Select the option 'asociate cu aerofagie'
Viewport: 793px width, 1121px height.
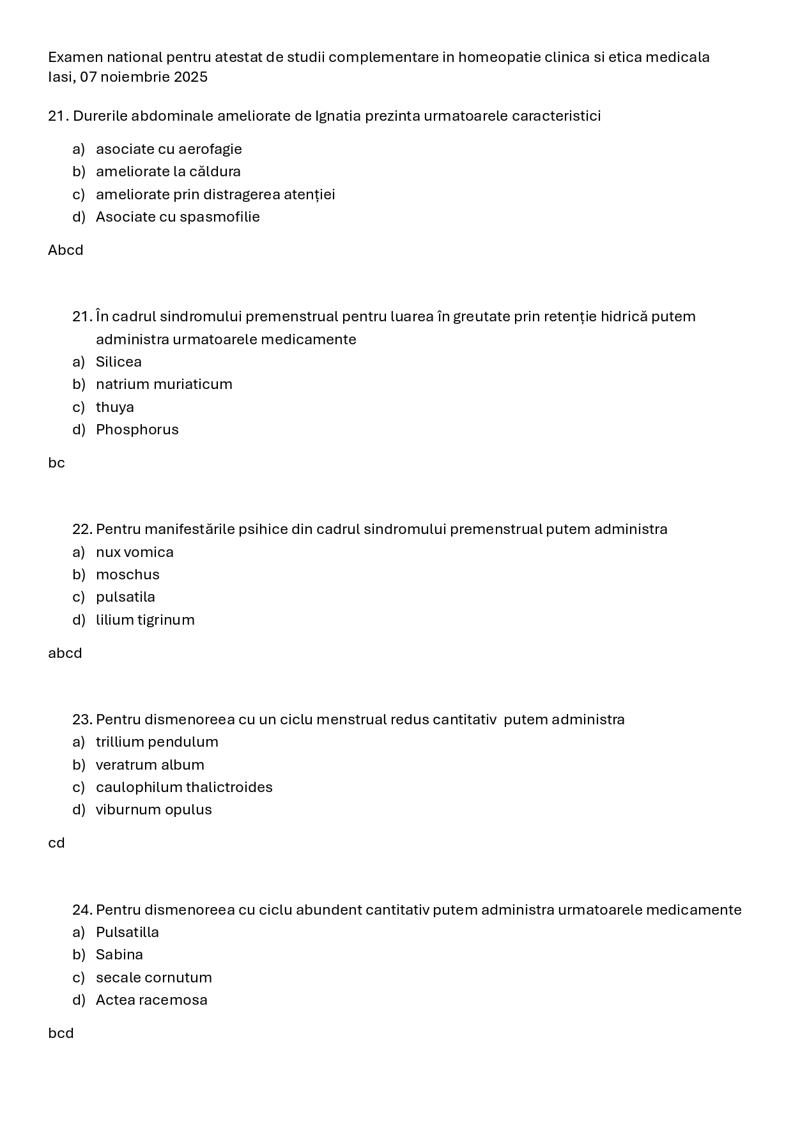tap(169, 149)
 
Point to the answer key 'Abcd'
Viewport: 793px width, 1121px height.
tap(66, 250)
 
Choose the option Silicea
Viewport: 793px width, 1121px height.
tap(119, 362)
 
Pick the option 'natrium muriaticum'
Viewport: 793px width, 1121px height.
tap(164, 385)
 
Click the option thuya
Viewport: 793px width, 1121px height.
tap(115, 408)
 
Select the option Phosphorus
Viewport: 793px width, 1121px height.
tap(137, 430)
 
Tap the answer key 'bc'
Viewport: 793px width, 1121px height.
tap(57, 463)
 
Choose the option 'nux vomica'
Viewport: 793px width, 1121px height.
tap(135, 553)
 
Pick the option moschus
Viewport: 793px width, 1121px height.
tap(128, 575)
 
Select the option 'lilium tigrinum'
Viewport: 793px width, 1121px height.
tap(145, 620)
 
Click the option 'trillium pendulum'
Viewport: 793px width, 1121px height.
tap(157, 742)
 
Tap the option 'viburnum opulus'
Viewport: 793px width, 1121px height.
tap(154, 810)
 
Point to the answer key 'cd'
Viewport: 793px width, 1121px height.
tap(57, 843)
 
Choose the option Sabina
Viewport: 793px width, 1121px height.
tap(119, 955)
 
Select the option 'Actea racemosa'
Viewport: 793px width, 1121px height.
tap(151, 1000)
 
